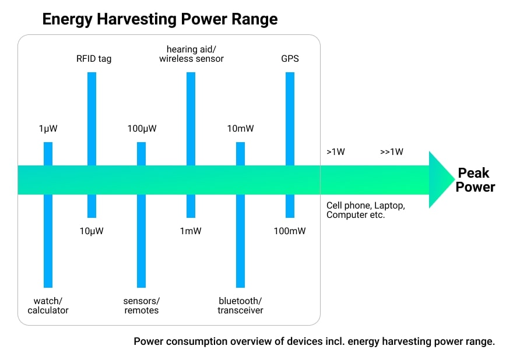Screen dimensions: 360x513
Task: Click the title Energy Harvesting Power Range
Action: pyautogui.click(x=160, y=19)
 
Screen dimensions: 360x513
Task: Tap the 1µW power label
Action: pyautogui.click(x=48, y=128)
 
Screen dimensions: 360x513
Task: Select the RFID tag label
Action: pyautogui.click(x=94, y=58)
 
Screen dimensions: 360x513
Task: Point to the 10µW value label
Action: pyautogui.click(x=92, y=231)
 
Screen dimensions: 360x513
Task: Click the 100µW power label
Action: pyautogui.click(x=142, y=128)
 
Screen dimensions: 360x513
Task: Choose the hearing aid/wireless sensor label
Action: pyautogui.click(x=191, y=54)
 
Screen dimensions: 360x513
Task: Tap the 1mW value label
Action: pyautogui.click(x=191, y=231)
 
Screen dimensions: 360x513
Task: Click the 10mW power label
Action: pyautogui.click(x=240, y=128)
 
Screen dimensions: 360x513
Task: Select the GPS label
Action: pyautogui.click(x=290, y=58)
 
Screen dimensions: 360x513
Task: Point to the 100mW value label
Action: pyautogui.click(x=290, y=231)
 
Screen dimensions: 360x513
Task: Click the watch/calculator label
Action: pyautogui.click(x=48, y=305)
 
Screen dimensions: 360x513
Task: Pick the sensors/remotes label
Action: pyautogui.click(x=141, y=305)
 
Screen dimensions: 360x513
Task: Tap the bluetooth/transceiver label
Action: pyautogui.click(x=240, y=305)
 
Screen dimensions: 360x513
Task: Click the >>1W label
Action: pyautogui.click(x=391, y=152)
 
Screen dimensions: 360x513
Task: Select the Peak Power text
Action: pyautogui.click(x=475, y=180)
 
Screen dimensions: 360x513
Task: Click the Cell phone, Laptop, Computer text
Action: pyautogui.click(x=365, y=210)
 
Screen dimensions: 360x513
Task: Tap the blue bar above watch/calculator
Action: pyautogui.click(x=48, y=245)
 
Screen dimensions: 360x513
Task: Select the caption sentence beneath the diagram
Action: pyautogui.click(x=314, y=341)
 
